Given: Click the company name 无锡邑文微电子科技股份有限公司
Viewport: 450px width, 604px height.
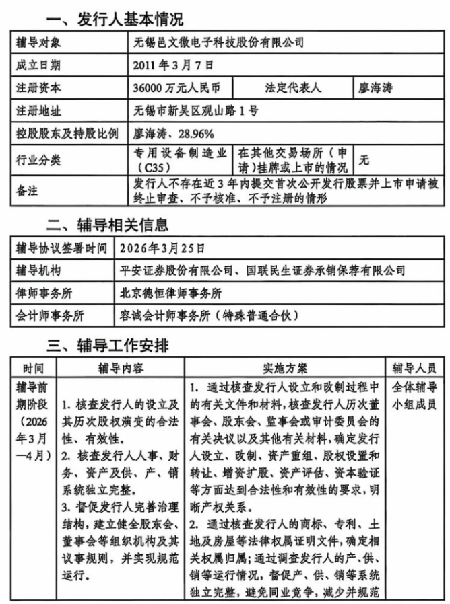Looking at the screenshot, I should coord(219,43).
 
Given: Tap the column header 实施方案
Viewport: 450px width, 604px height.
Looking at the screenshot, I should coord(285,369).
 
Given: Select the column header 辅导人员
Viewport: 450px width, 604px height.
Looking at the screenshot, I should coord(414,369).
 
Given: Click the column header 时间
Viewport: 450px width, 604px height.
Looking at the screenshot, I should coord(33,369).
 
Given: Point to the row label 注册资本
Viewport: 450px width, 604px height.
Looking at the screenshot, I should coord(38,87).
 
